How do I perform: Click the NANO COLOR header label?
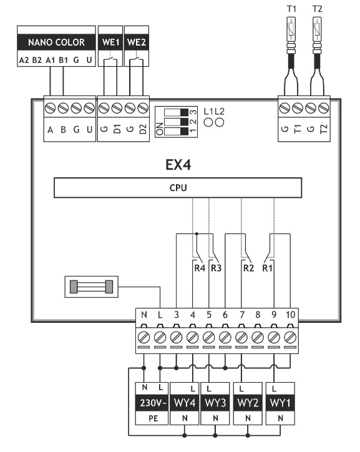[56, 42]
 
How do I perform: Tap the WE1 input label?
[110, 42]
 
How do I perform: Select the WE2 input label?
[137, 42]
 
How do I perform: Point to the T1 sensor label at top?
[291, 9]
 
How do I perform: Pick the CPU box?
[178, 188]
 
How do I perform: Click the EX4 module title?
[178, 165]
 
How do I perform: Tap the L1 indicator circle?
[208, 122]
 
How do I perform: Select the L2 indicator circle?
[220, 122]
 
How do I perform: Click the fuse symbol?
[92, 287]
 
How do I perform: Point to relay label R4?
[200, 268]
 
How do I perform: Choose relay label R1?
[267, 268]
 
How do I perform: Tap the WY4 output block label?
[185, 403]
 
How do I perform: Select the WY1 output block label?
[280, 403]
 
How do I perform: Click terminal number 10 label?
[290, 315]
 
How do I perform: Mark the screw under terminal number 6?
[225, 337]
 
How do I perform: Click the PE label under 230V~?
[153, 418]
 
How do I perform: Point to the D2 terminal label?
[143, 129]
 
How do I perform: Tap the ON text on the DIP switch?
[159, 129]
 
